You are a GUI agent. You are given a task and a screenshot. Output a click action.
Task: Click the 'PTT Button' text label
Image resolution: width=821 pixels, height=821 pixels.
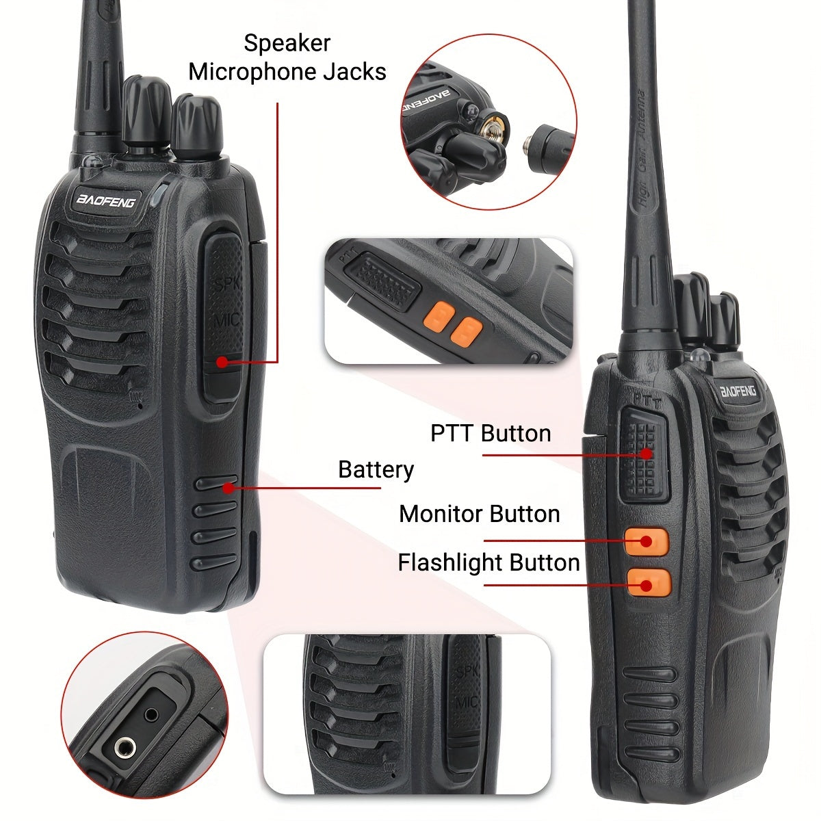point(491,433)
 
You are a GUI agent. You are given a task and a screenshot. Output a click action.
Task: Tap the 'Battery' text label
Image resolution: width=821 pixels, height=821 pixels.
point(376,470)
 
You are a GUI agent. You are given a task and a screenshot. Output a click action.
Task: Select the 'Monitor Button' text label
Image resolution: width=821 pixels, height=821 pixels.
point(479,514)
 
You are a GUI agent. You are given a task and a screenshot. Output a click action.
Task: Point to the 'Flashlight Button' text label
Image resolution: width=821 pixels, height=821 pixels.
point(488,562)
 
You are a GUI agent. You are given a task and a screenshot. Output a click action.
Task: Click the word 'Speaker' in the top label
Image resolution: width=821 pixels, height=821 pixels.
point(287,43)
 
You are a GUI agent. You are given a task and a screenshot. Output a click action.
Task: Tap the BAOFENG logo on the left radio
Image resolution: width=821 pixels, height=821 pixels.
point(106,200)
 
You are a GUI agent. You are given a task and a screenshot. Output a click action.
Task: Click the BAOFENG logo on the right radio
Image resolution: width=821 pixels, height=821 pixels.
point(738,391)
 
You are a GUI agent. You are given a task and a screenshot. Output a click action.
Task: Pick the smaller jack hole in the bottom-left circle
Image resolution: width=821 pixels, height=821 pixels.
point(151,714)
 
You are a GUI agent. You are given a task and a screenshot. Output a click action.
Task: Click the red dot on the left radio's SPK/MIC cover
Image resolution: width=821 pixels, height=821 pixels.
point(222,362)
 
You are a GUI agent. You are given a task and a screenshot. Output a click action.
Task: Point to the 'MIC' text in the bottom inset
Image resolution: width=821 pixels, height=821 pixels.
point(467,702)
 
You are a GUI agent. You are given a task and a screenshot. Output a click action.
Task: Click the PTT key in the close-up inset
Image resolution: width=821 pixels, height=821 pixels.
point(385,280)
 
